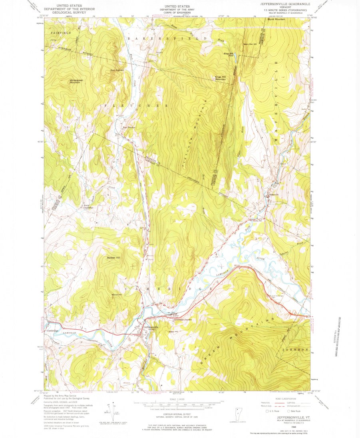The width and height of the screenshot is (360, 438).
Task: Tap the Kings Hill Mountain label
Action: click(221, 78)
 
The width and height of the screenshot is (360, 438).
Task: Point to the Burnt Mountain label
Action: click(276, 19)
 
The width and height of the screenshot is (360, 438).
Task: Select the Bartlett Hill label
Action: click(114, 257)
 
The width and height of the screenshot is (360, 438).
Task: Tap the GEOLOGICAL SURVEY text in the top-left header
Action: click(67, 12)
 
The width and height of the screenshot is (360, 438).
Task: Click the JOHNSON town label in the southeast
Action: click(296, 350)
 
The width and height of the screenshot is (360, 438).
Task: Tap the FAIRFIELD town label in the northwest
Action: click(61, 32)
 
